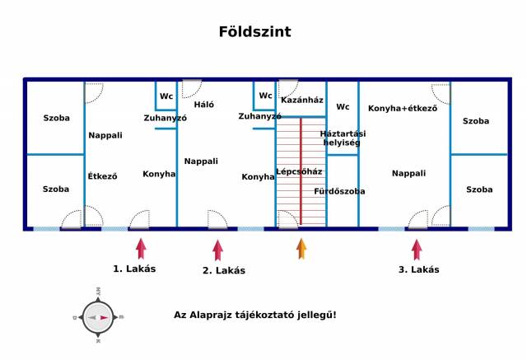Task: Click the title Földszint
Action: point(254,32)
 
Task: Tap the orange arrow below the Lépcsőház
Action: point(301,249)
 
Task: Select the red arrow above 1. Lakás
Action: point(141,249)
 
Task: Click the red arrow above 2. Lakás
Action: point(217,250)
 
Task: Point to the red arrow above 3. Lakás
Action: point(417,250)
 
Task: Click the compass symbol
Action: point(98,316)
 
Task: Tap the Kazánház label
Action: point(301,101)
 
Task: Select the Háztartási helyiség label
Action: point(343,138)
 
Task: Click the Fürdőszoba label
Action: point(339,191)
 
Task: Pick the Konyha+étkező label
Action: point(403,108)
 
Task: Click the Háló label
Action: point(203,105)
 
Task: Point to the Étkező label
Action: point(103,175)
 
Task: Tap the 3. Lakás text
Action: point(418,269)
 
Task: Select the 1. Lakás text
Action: point(134,269)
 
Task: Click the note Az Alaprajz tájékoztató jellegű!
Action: point(255,315)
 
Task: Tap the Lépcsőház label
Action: point(299,171)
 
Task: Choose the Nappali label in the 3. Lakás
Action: point(408,173)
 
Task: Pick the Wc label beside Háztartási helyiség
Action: point(343,107)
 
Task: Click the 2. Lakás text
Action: point(224,270)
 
